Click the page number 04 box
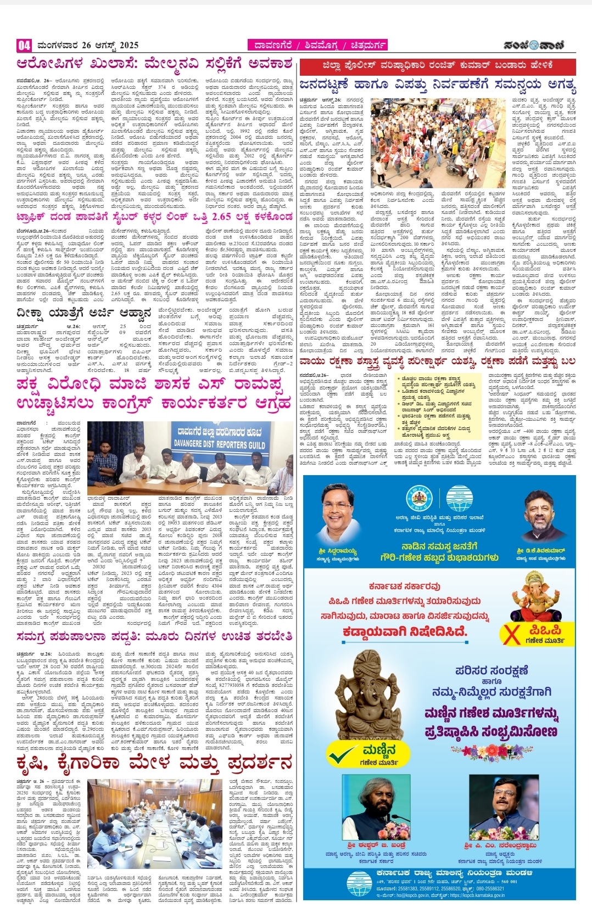(x=24, y=45)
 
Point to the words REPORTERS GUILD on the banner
(x=219, y=444)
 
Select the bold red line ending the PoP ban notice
(x=405, y=631)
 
